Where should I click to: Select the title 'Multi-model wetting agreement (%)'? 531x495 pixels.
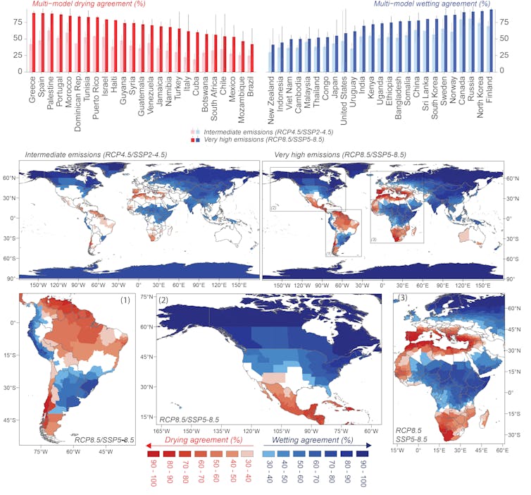[432, 4]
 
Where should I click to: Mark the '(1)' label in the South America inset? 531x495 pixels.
[125, 300]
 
